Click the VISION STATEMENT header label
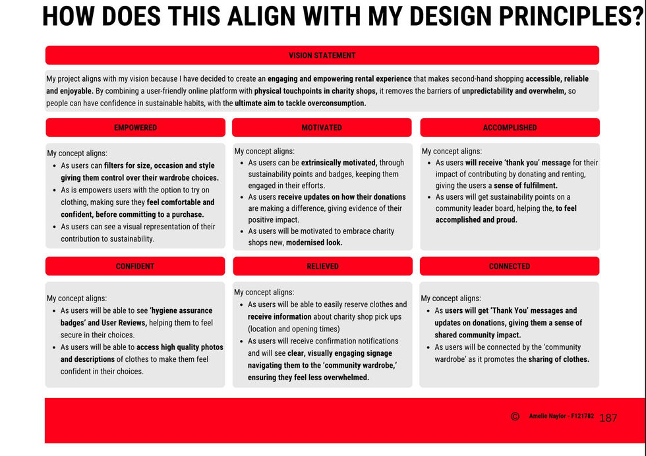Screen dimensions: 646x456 pyautogui.click(x=322, y=55)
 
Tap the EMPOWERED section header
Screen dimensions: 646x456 pyautogui.click(x=135, y=128)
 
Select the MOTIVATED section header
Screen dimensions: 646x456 pyautogui.click(x=322, y=128)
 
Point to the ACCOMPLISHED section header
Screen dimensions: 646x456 pyautogui.click(x=510, y=128)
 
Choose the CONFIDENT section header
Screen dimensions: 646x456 pyautogui.click(x=134, y=266)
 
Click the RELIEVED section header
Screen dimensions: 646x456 pyautogui.click(x=322, y=266)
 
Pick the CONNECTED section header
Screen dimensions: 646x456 pyautogui.click(x=509, y=266)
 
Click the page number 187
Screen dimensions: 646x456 pyautogui.click(x=608, y=418)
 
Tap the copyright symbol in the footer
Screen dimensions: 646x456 pyautogui.click(x=515, y=416)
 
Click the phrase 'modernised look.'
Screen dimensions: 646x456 pyautogui.click(x=314, y=242)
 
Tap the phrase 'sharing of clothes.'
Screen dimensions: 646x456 pyautogui.click(x=559, y=359)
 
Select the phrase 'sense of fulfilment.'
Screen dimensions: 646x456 pyautogui.click(x=525, y=185)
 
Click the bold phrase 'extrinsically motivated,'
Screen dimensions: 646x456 pyautogui.click(x=339, y=163)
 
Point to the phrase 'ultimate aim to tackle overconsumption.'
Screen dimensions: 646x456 pyautogui.click(x=301, y=103)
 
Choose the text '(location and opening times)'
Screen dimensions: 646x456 pyautogui.click(x=294, y=329)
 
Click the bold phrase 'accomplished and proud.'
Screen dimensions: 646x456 pyautogui.click(x=476, y=220)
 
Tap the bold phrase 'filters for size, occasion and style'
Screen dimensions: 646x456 pyautogui.click(x=159, y=165)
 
